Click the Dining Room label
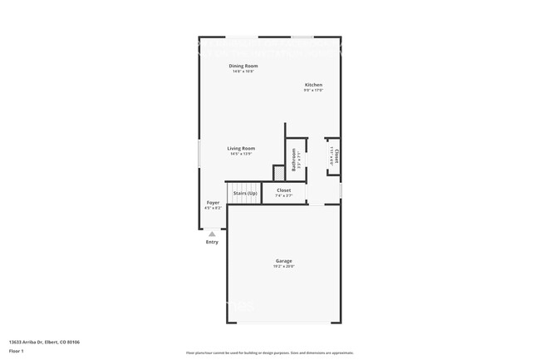click(x=243, y=66)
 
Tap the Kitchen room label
click(x=313, y=85)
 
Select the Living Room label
click(x=241, y=148)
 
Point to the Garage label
click(x=284, y=261)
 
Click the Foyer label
click(x=213, y=202)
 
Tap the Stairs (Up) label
click(x=245, y=193)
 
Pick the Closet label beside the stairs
click(x=284, y=190)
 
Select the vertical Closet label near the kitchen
click(x=336, y=155)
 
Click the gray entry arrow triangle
click(x=212, y=234)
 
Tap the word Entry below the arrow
click(x=212, y=242)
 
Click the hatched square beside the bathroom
click(x=279, y=172)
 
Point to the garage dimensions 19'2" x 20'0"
click(x=284, y=267)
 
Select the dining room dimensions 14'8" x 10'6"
click(x=243, y=72)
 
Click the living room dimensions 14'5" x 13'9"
click(x=241, y=154)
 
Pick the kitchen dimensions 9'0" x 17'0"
click(x=313, y=90)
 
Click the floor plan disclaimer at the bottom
click(x=270, y=353)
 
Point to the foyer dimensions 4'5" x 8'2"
click(x=213, y=208)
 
